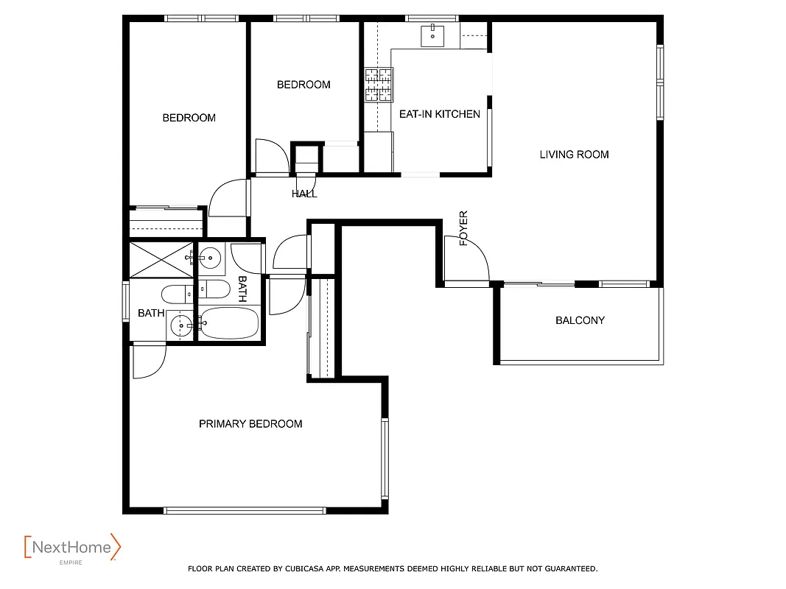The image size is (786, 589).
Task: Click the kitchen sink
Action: coord(432,34)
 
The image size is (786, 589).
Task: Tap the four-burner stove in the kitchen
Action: coord(379,84)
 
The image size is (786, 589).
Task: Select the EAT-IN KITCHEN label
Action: coord(439,114)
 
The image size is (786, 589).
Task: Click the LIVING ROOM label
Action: coord(574,155)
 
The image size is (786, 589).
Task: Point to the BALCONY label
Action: coord(580,320)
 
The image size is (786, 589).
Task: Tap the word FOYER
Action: coord(464,228)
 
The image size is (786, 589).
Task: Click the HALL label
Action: coord(304,194)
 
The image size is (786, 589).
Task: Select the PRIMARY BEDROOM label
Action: coord(250,424)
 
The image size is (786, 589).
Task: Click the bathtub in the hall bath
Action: coord(229,323)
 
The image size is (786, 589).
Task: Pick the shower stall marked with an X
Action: coord(161,258)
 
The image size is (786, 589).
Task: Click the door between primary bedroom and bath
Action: coord(149,361)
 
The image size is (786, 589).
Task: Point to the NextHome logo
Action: coord(72,548)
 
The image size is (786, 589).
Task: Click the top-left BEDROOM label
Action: coord(189,118)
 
